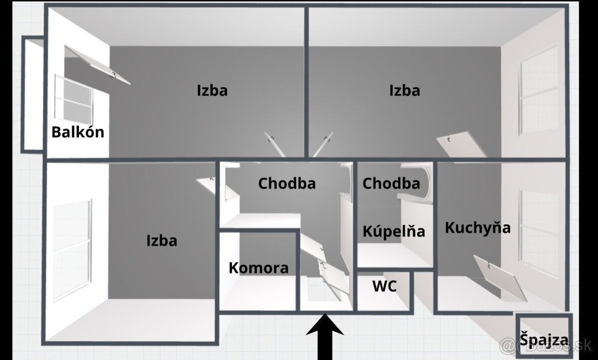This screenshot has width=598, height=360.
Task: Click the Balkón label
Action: [x=78, y=132]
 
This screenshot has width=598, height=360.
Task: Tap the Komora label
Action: [x=259, y=268]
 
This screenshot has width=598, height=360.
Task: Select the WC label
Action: [x=384, y=286]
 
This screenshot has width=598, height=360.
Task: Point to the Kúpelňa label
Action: [x=394, y=231]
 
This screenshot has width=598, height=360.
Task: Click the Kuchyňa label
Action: [x=477, y=228]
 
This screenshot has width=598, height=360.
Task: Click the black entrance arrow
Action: [x=325, y=337]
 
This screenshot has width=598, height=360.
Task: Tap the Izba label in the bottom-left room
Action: [x=162, y=240]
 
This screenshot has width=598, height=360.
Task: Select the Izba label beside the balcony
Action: [x=212, y=91]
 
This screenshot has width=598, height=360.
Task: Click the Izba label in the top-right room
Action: [x=405, y=91]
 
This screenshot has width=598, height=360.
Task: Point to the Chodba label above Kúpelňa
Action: [x=391, y=183]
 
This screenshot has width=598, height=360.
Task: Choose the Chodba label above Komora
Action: [x=287, y=183]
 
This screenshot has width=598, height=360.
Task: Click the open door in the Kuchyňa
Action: [x=500, y=278]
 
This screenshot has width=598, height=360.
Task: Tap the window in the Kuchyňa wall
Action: [x=539, y=233]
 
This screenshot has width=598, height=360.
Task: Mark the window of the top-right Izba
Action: [x=539, y=89]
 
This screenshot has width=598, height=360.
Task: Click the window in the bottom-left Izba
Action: [x=72, y=250]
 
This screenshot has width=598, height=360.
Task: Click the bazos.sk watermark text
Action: [x=546, y=346]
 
